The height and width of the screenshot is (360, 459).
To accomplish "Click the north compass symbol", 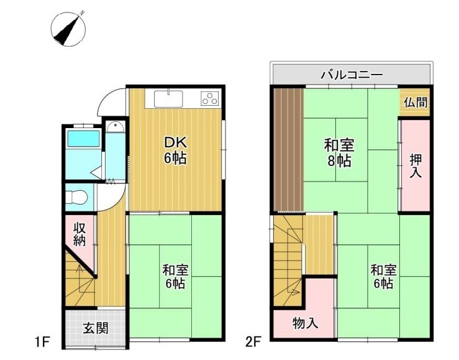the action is (68, 29).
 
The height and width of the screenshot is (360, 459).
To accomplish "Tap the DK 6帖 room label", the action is (175, 150).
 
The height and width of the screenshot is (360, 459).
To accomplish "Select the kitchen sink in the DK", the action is (168, 99).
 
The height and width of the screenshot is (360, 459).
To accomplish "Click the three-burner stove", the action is (209, 98).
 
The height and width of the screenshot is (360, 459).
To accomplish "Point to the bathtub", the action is (83, 139).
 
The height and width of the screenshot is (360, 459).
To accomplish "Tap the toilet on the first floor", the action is (76, 197).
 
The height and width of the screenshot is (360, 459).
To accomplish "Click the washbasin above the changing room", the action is (116, 127).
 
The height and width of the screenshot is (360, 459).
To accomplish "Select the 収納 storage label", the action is (80, 234).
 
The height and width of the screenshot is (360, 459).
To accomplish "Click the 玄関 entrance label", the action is (96, 328).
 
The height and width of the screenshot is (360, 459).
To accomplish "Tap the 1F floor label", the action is (42, 341).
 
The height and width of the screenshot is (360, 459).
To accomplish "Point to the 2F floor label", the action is (253, 341).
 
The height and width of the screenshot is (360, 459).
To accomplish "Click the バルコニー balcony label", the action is (352, 75).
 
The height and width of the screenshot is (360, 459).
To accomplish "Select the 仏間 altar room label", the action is (416, 102).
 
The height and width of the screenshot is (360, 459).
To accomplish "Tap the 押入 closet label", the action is (416, 166).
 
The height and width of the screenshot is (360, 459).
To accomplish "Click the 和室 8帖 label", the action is (339, 152).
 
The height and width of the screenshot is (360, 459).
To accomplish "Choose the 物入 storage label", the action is (306, 323).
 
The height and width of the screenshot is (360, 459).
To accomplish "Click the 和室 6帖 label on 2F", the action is (383, 277).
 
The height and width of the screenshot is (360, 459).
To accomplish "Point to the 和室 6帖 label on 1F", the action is (175, 277).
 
